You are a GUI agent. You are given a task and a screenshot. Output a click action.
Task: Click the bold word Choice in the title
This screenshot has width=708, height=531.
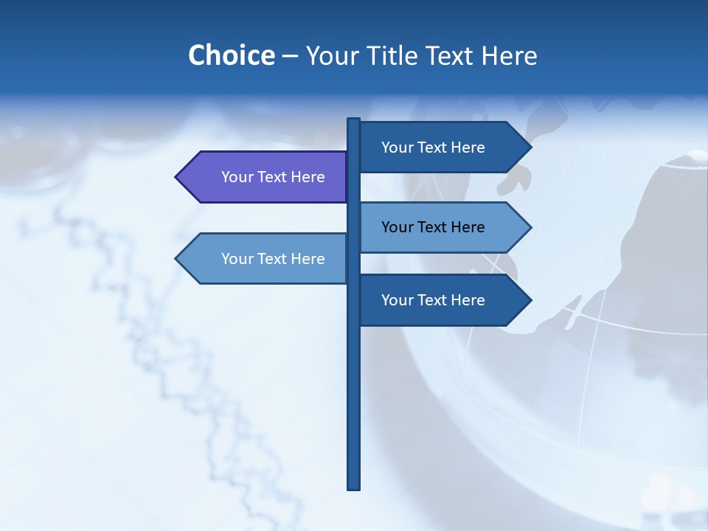231,55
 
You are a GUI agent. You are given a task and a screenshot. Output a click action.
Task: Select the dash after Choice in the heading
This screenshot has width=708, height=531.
290,56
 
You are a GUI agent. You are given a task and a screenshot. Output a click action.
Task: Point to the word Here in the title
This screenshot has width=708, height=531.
509,55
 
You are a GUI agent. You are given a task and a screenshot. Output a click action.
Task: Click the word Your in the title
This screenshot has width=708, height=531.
330,55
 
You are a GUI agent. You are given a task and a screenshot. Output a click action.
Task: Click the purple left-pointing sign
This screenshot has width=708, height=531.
265,177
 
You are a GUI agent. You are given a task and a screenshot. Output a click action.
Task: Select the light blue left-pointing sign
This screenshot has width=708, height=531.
265,258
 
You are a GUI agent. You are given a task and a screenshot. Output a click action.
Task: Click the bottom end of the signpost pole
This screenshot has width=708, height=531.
353,486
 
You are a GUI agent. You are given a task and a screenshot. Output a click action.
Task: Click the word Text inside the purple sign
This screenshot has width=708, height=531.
273,177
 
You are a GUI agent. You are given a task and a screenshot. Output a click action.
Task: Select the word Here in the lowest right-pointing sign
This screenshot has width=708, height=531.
468,300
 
